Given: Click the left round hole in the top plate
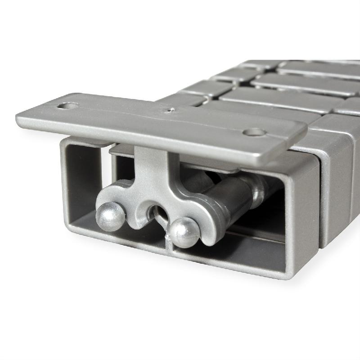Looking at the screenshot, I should pyautogui.click(x=68, y=107).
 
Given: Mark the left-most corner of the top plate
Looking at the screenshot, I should pyautogui.click(x=18, y=118).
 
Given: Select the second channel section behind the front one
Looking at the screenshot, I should pyautogui.click(x=337, y=180).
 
